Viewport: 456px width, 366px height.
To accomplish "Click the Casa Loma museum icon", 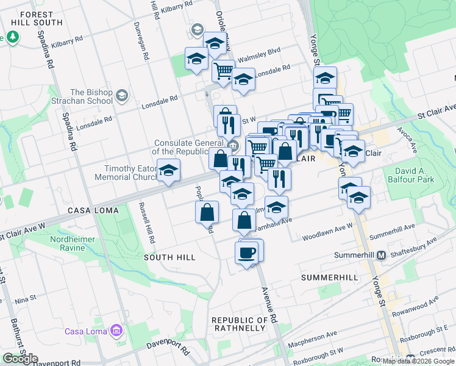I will [116, 331].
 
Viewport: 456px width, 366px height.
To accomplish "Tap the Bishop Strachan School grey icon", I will [122, 95].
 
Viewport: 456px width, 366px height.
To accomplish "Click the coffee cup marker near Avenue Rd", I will [247, 253].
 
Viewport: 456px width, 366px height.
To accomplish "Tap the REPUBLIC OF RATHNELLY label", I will [239, 324].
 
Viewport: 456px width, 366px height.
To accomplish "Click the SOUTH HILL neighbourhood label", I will [169, 257].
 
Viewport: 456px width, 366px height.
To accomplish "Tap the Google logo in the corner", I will [20, 359].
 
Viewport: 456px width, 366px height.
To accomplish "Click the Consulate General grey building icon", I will [233, 145].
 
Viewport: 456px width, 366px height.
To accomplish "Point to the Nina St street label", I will [26, 300].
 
